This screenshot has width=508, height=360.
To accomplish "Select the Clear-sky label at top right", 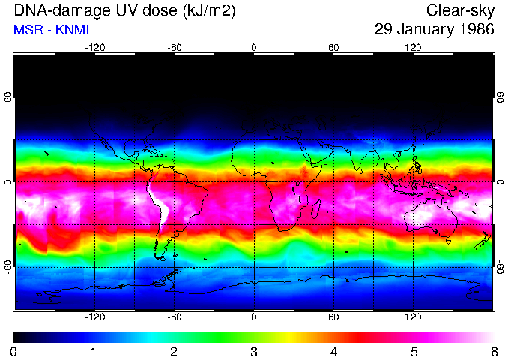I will pos(461,10).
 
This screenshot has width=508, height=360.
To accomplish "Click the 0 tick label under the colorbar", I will pos(14,351).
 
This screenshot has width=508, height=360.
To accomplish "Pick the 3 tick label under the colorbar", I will pos(254,351).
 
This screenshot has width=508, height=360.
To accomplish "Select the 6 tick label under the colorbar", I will pos(493,351).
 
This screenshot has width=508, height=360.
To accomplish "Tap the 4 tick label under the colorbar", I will pos(333,351).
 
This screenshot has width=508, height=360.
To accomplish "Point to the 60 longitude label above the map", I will pos(333,48).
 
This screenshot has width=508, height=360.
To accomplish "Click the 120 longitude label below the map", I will pos(413,317).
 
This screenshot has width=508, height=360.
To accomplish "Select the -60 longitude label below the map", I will pos(174,317).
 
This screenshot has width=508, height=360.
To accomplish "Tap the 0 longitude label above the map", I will pos(254,48).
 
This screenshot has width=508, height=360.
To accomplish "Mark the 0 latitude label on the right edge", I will pos(500,182).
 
